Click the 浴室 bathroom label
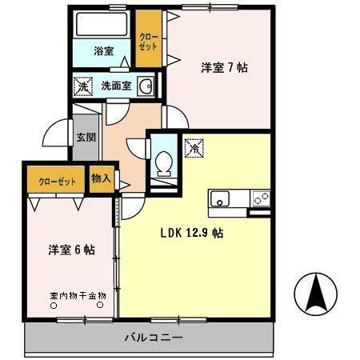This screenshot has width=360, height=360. (x=103, y=51)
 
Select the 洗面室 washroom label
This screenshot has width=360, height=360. (x=116, y=86)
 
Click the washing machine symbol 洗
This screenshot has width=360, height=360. (x=82, y=86)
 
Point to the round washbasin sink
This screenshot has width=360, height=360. (x=146, y=86)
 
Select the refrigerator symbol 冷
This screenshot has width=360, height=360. (x=193, y=148)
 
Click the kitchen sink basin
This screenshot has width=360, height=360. (x=221, y=198)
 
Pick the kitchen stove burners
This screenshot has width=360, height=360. (x=261, y=198)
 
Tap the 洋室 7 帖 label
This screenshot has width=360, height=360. (x=223, y=67)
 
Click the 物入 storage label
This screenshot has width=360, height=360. (x=102, y=178)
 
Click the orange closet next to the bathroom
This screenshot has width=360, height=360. (x=148, y=41)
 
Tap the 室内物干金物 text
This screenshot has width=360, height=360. (x=78, y=296)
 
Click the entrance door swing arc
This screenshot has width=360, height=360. (x=55, y=134)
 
